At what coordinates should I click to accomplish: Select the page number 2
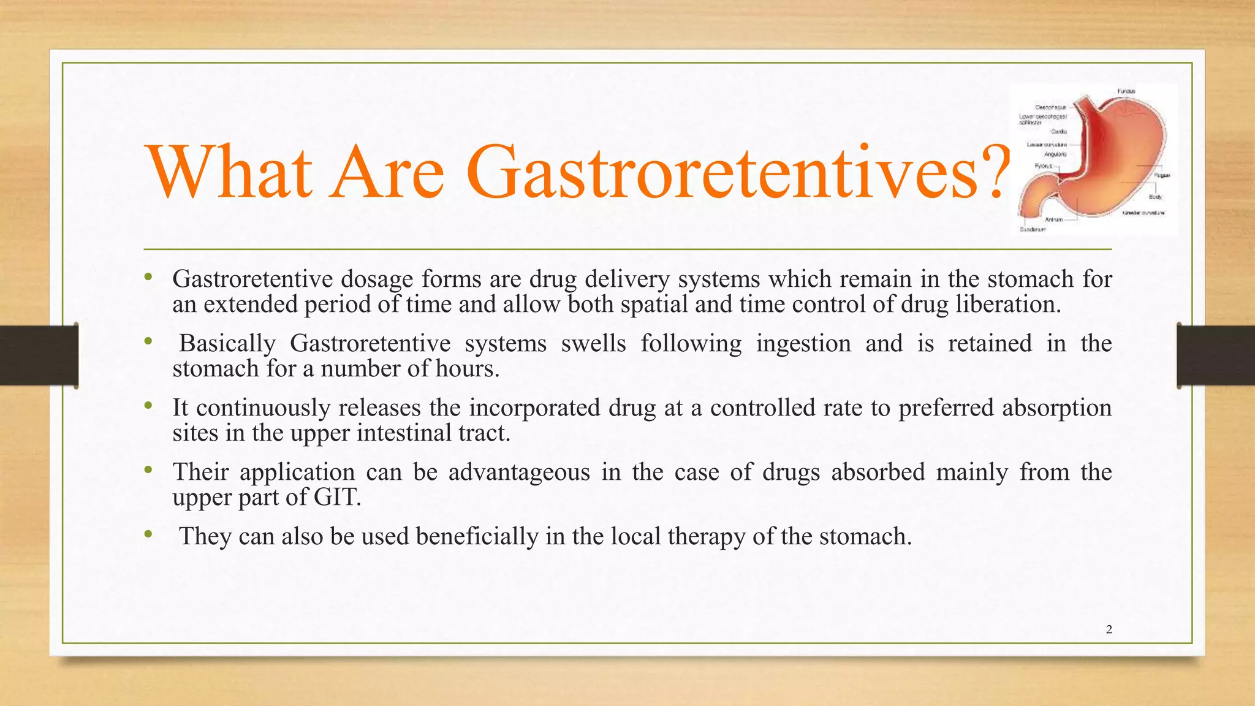tap(1109, 629)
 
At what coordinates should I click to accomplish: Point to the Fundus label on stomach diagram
tap(1126, 91)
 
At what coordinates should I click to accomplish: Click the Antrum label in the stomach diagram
tap(1053, 219)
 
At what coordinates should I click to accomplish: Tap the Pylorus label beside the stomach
tap(1044, 166)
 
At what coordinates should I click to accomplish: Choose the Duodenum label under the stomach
tap(1032, 230)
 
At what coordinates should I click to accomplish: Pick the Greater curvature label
tap(1143, 213)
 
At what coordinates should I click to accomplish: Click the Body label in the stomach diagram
tap(1155, 197)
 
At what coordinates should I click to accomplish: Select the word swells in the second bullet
tap(593, 343)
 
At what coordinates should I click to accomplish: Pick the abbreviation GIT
tap(337, 497)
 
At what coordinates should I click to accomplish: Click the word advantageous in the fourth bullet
tap(519, 472)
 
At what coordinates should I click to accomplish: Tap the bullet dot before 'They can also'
tap(148, 535)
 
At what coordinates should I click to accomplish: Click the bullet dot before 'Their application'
tap(148, 471)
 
